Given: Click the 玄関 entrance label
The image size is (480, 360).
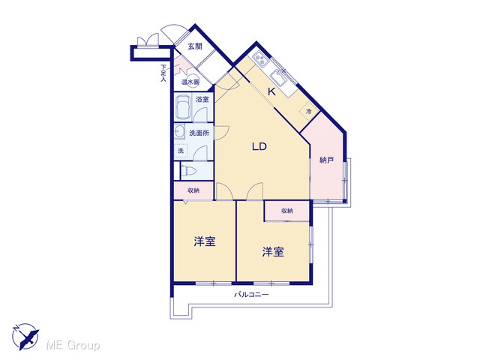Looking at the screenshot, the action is click(195, 46).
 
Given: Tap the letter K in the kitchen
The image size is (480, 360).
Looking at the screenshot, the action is click(271, 91).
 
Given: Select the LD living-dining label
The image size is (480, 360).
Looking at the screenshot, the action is click(259, 147).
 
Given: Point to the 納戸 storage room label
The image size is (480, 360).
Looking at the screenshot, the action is click(326, 160).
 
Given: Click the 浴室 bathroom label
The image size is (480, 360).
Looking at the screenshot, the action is click(202, 100).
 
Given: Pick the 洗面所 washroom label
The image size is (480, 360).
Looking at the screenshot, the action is click(199, 133).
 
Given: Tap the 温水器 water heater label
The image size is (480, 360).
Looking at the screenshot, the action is click(190, 82).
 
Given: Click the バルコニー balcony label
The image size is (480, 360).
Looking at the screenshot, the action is click(251, 295).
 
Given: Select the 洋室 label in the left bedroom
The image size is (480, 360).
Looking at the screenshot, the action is click(205, 241).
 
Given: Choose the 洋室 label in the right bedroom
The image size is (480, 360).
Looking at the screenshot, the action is click(273, 252).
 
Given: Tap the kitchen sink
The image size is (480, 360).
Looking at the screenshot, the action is click(279, 76).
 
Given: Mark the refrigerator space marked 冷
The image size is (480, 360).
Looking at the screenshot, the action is click(308, 112).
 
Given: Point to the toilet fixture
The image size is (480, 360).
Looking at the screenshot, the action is click(188, 171).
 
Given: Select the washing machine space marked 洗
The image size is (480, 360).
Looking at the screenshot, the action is click(181, 150).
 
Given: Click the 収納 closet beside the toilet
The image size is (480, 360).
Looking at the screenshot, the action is click(193, 190).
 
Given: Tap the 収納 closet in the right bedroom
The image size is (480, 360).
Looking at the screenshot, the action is click(286, 211).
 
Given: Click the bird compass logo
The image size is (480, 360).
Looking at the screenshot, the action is click(25, 337).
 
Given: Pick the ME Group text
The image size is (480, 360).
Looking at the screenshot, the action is click(73, 346).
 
